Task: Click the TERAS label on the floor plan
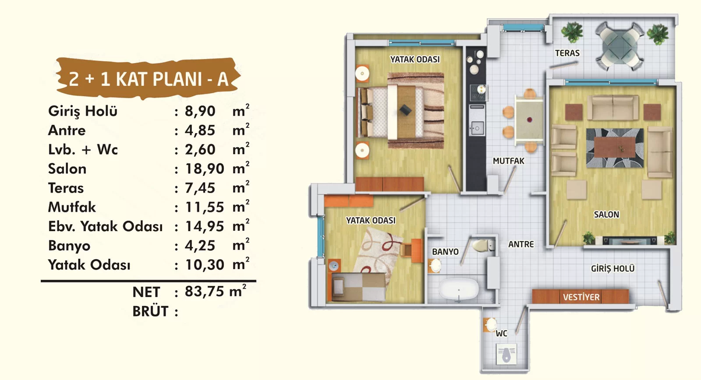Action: click(567, 53)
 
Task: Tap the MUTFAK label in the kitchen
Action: click(509, 161)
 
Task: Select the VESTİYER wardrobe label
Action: click(581, 297)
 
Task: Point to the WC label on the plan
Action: click(501, 334)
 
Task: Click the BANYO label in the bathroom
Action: click(445, 252)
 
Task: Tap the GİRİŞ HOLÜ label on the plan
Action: click(612, 269)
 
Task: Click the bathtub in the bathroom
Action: click(458, 289)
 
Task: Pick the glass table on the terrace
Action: click(620, 47)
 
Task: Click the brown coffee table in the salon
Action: click(615, 147)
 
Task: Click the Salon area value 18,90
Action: click(204, 169)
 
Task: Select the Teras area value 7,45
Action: click(200, 188)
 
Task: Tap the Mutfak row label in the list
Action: click(72, 207)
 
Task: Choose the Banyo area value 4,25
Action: click(200, 246)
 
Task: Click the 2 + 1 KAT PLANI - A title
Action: click(149, 79)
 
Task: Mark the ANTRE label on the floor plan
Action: click(521, 244)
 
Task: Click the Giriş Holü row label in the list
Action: click(83, 112)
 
